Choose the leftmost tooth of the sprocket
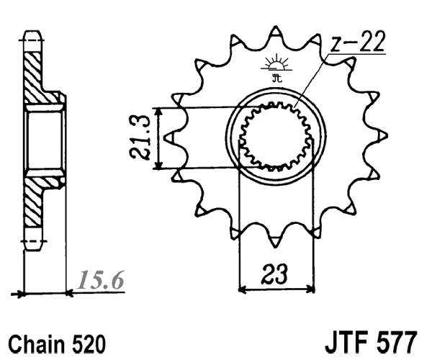tap(170, 136)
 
